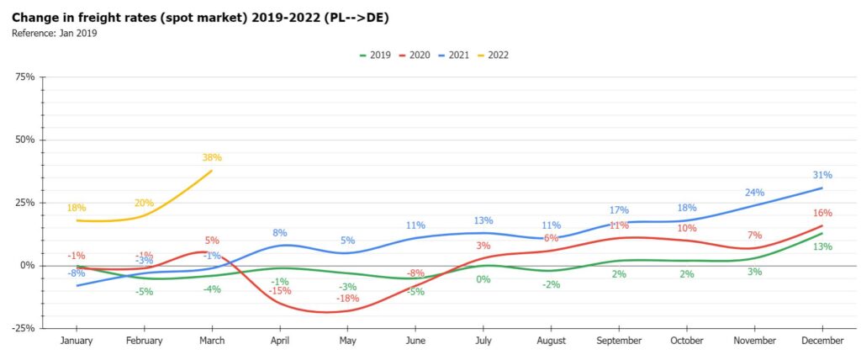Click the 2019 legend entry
[x=374, y=55]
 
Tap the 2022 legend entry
[x=494, y=55]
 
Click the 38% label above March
[x=212, y=157]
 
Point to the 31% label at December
[x=822, y=175]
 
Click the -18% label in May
[x=348, y=299]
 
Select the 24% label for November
[x=754, y=192]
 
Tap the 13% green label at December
[x=822, y=246]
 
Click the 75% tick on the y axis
[x=24, y=77]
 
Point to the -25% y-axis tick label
[x=23, y=328]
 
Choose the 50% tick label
[x=24, y=140]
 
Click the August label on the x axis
[x=551, y=341]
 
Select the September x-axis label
[x=619, y=341]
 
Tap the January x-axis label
[x=77, y=341]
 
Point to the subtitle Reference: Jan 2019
[x=55, y=33]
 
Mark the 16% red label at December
[x=822, y=214]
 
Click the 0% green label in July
[x=483, y=279]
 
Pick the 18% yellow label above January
[x=77, y=208]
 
